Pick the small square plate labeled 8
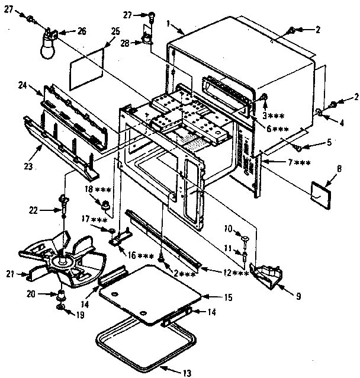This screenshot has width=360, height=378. (x=322, y=193)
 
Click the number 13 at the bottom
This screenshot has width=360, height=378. (x=187, y=373)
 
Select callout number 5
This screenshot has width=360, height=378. (x=329, y=142)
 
